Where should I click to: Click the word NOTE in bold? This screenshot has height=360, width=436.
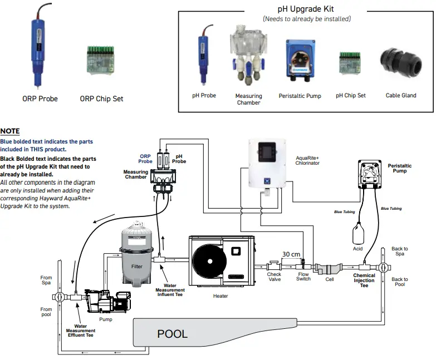click(10, 131)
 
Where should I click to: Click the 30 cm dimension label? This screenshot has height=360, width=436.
click(291, 254)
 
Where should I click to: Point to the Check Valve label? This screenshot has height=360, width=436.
click(274, 277)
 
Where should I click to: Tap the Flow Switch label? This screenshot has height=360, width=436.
click(303, 277)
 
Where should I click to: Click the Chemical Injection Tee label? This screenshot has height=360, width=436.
click(364, 280)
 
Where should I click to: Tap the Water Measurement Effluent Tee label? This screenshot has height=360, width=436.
click(80, 331)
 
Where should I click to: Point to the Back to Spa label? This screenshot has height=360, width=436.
click(399, 251)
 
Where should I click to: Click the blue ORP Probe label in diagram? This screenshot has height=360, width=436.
click(145, 159)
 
